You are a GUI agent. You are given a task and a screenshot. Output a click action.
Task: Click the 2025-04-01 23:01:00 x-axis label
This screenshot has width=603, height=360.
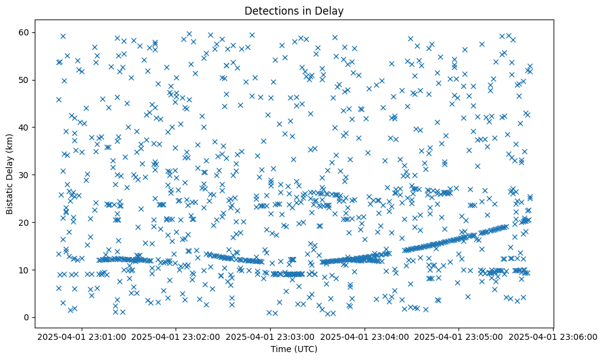pos(82,336)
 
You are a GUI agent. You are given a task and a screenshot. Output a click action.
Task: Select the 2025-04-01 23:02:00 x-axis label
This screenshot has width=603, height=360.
pos(177,336)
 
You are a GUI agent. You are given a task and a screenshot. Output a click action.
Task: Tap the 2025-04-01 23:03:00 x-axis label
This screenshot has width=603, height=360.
pos(271,336)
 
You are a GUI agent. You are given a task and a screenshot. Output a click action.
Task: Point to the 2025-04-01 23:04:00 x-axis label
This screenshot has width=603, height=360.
pos(365,336)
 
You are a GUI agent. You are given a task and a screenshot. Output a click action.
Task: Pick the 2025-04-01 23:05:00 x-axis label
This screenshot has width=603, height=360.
pos(459,336)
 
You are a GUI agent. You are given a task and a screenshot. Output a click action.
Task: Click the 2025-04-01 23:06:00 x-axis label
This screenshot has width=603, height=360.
pos(554,336)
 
